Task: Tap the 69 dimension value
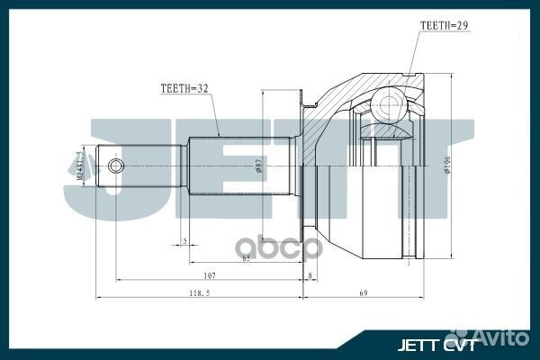tap(363, 293)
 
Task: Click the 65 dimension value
tap(245, 258)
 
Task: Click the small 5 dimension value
tap(184, 241)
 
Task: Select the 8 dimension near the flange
tap(310, 275)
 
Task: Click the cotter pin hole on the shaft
tap(114, 166)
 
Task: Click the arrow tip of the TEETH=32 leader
tap(218, 136)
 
